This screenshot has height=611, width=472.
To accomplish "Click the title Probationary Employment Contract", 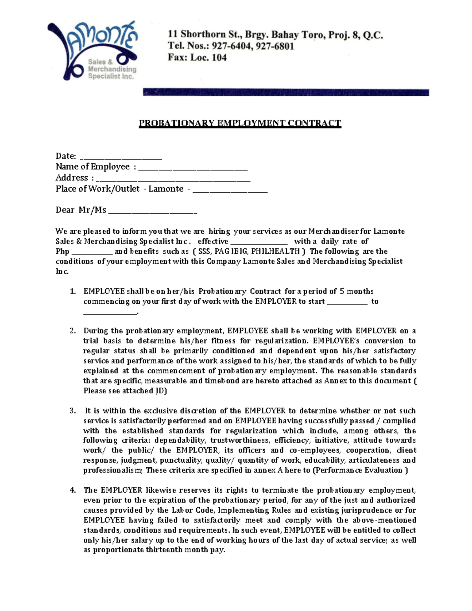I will tap(240, 124).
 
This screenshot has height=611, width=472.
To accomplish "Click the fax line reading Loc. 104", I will tap(197, 58).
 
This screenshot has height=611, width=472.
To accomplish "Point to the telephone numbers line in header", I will tap(231, 46).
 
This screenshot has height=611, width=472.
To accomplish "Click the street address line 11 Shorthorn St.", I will tap(275, 35).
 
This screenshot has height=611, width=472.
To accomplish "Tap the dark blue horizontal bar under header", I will tap(286, 93).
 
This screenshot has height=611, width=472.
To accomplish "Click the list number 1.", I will tap(72, 292).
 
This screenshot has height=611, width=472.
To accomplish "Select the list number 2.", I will tap(72, 331).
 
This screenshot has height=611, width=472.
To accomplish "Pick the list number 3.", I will tap(72, 411).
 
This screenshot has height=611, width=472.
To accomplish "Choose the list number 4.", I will tap(72, 490).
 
